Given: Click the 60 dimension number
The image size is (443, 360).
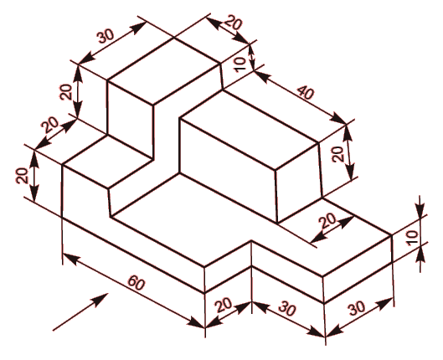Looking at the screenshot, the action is click(137, 283).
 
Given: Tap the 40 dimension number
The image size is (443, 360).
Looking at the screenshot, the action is click(305, 92).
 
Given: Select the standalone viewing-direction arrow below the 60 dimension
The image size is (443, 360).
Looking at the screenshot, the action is click(80, 311).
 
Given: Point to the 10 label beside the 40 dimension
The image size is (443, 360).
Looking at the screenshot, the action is click(240, 64).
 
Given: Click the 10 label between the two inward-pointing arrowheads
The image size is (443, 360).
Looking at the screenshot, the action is click(412, 238).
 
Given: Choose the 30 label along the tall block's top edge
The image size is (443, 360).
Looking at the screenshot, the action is click(106, 36).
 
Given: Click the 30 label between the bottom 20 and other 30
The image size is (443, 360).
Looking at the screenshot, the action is click(286, 309).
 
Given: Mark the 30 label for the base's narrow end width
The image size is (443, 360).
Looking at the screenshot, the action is click(358, 308).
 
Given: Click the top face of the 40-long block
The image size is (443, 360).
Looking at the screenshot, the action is click(250, 130).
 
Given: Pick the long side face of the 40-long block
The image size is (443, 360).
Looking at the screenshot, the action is click(229, 170).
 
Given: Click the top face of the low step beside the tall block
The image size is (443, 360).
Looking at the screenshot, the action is click(108, 162).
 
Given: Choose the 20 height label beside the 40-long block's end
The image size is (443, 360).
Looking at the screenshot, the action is click(337, 154).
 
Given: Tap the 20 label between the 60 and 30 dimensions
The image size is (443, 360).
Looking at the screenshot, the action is click(224, 305).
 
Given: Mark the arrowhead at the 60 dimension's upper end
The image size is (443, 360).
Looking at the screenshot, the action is click(70, 259).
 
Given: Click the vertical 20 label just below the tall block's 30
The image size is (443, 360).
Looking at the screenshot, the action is click(67, 92).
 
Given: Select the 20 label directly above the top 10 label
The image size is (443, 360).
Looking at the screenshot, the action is click(234, 23).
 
